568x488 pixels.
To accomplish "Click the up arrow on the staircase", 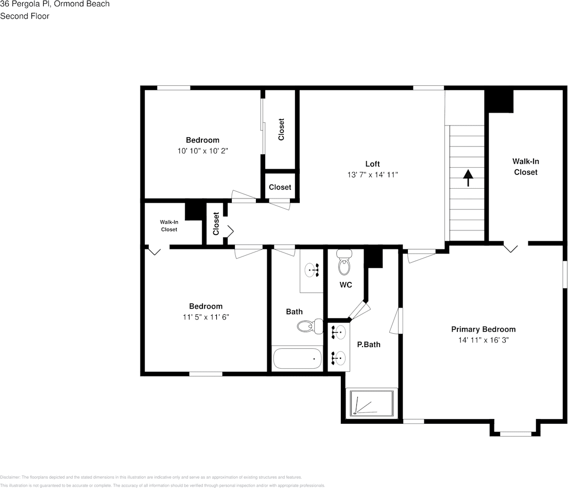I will (x=468, y=178).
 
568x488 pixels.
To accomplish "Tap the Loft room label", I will (x=372, y=164).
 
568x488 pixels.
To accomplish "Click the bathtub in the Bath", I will (x=297, y=358).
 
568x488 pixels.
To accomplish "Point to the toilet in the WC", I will (x=344, y=264).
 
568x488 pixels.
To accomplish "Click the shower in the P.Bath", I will (x=372, y=403).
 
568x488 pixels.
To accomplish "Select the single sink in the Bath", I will (x=312, y=269).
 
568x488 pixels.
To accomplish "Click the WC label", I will (x=346, y=285).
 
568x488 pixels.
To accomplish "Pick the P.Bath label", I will (x=369, y=345).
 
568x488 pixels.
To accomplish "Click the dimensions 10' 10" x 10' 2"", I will (x=202, y=151).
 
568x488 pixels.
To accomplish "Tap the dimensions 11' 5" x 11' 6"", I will (x=205, y=317).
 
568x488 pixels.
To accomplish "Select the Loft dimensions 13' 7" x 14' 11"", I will (x=372, y=175).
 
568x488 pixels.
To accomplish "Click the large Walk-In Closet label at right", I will (x=525, y=167).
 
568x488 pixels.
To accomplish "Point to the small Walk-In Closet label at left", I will (x=169, y=226).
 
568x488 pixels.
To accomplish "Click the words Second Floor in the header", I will (x=24, y=16).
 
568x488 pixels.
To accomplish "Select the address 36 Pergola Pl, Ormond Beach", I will (x=55, y=4).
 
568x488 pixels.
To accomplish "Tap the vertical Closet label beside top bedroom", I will (x=281, y=130).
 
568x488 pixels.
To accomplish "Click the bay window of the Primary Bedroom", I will (x=515, y=433).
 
